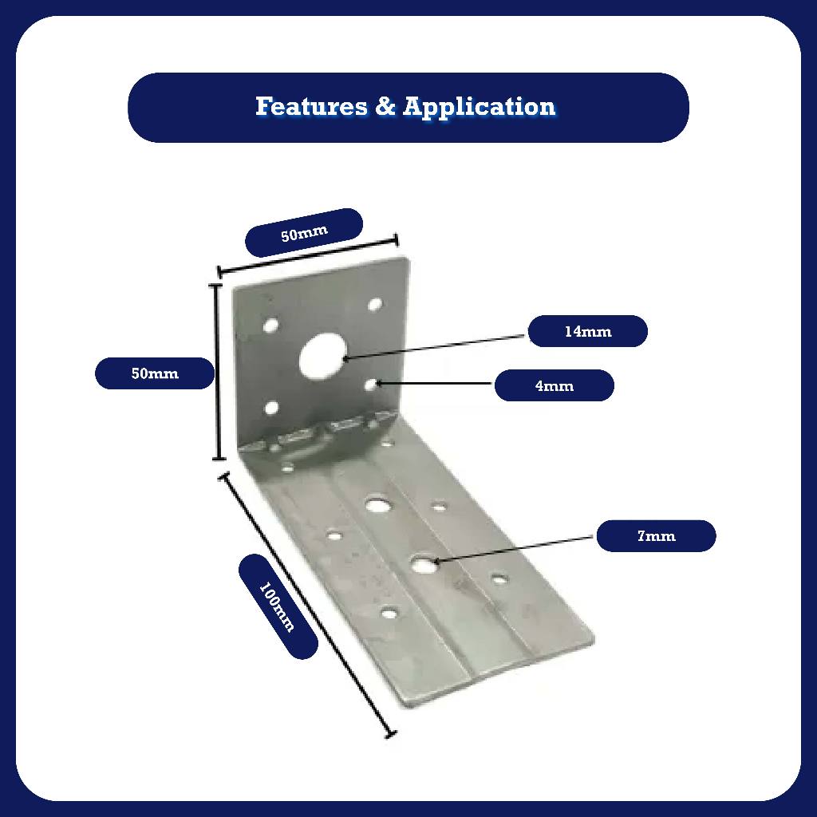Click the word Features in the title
point(311,106)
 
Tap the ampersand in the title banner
point(385,106)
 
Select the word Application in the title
point(479,106)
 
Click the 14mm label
point(587,331)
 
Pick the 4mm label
point(554,386)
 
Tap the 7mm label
point(656,536)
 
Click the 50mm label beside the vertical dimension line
point(155,373)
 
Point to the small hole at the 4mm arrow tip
point(372,385)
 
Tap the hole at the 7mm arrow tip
point(423,564)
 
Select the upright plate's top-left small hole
point(271,326)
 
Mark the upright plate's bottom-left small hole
point(271,408)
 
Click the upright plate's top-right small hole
point(374,304)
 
